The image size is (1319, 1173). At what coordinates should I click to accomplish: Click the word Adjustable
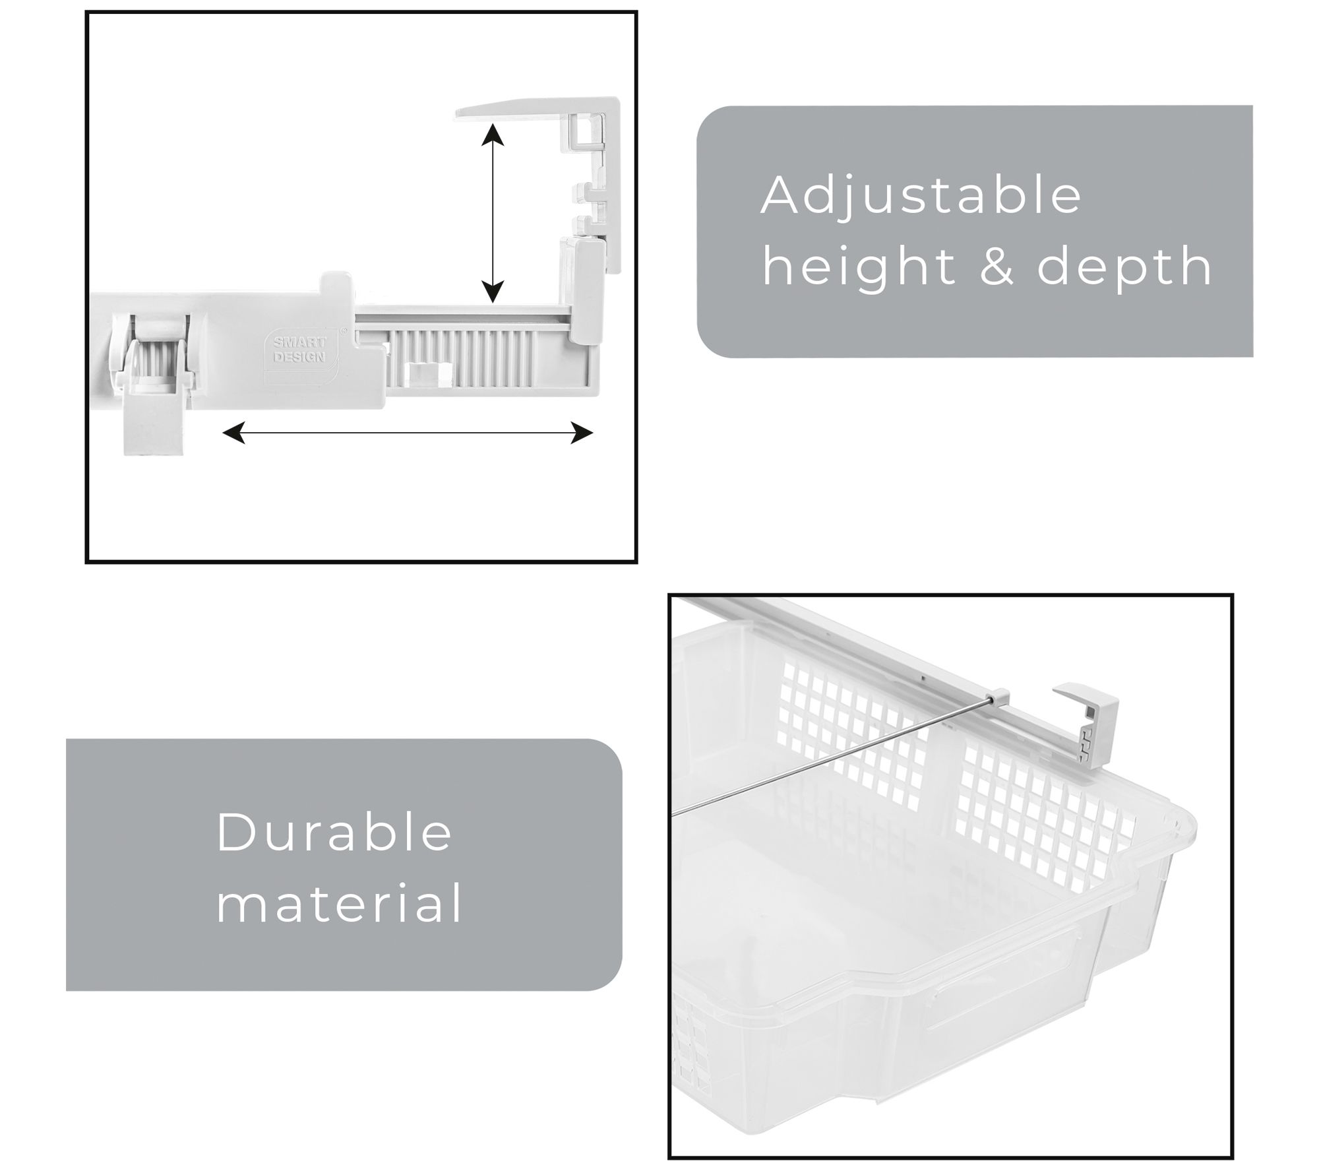pos(921,196)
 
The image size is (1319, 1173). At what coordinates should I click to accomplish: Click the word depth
pos(1124,267)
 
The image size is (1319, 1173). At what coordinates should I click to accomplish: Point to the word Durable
pos(334,832)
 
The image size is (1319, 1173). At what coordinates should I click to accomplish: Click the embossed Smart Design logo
pos(299,349)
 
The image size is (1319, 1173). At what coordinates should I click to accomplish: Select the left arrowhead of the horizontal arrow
pos(234,433)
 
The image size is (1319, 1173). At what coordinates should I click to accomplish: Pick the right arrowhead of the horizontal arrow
pos(582,433)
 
